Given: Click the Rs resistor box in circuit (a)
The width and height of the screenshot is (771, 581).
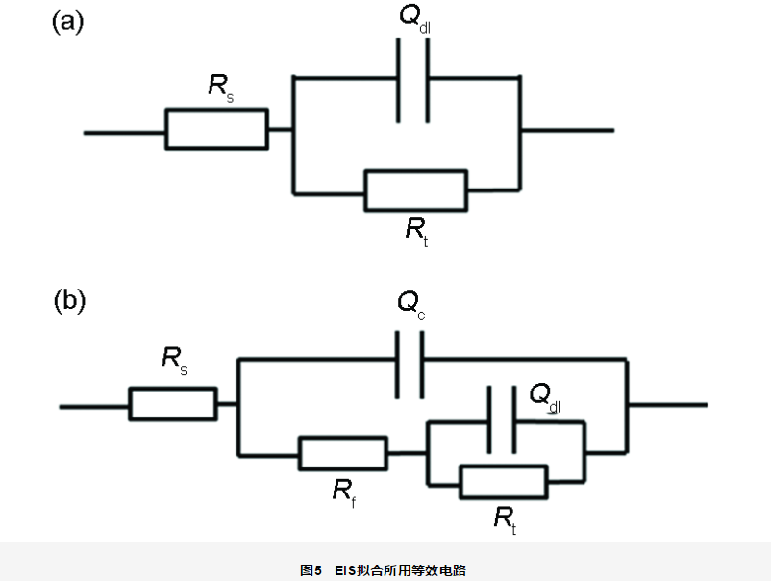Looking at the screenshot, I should [216, 129].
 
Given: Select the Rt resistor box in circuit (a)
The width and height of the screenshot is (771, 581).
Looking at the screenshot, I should [415, 189].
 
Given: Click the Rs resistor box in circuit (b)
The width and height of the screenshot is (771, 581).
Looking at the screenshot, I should [173, 403].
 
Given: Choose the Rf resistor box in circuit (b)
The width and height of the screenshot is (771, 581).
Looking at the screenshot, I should [343, 452].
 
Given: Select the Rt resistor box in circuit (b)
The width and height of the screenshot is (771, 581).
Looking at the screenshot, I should [504, 481].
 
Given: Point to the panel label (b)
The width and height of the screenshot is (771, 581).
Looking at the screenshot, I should [68, 301].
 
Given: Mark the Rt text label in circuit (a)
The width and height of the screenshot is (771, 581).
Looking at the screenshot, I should [415, 230].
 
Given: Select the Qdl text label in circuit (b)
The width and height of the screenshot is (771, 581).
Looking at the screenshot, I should [545, 397].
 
